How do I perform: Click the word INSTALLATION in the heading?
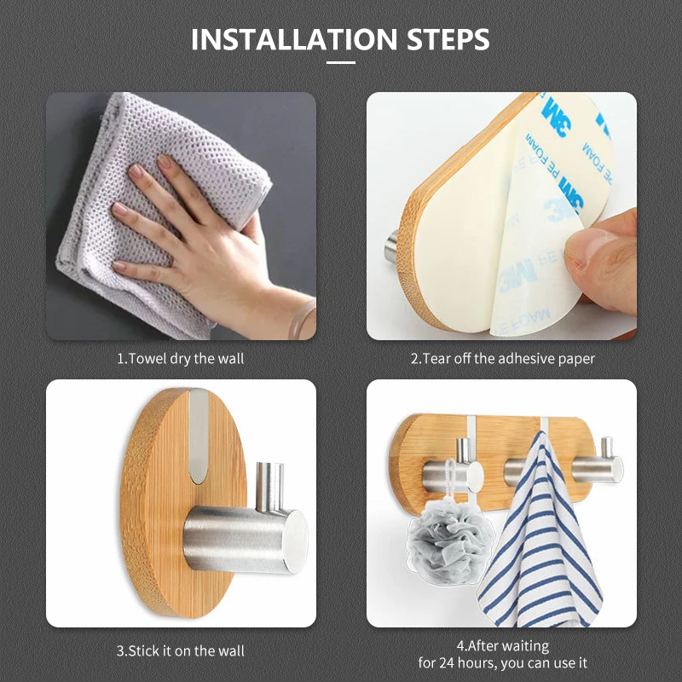pos(294,39)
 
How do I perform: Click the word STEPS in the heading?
pos(448,39)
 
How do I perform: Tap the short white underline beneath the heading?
pos(340,62)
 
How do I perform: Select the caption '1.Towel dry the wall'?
pos(181,359)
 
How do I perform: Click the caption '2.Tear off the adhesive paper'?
pos(502,359)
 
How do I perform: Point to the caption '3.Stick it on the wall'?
pos(181,650)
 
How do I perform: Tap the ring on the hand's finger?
pos(172,263)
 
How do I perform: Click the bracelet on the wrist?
pos(302,320)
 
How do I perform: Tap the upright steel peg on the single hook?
pos(269,486)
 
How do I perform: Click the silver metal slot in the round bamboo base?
pos(199,436)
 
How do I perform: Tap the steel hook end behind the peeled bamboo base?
pos(391,246)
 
